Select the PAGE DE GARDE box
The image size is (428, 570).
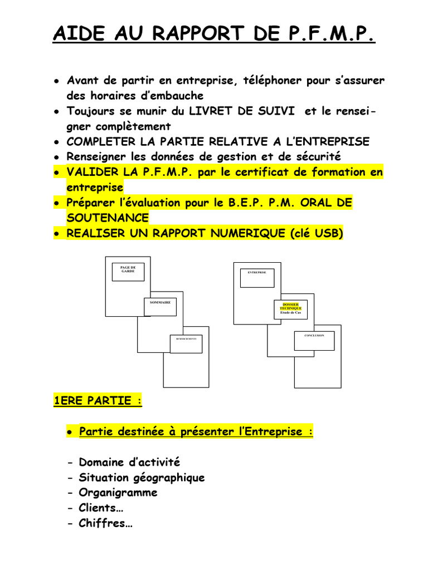[128, 272]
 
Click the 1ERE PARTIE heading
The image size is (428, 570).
[93, 401]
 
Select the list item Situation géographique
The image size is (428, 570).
[142, 478]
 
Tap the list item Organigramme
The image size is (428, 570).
[118, 493]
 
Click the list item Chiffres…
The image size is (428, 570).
[105, 523]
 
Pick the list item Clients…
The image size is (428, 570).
[102, 508]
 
